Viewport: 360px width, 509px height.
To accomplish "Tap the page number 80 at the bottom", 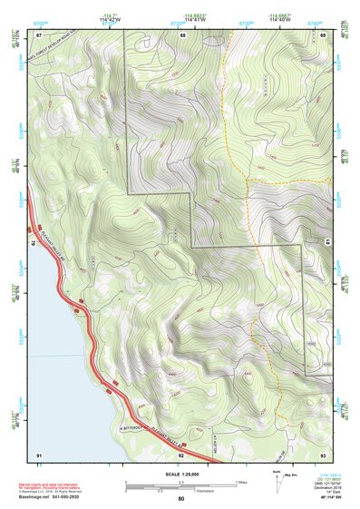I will pos(180,499).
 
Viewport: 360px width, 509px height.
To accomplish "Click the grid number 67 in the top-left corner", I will pos(40,34).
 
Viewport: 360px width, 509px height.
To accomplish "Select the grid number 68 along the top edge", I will pos(182,34).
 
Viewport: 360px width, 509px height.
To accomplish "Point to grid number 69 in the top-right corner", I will pos(324,34).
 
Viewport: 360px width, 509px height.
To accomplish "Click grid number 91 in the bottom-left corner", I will pos(39,453).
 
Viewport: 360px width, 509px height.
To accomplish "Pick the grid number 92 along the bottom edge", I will pos(181,453).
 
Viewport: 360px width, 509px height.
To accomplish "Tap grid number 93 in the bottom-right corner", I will pos(324,453).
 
